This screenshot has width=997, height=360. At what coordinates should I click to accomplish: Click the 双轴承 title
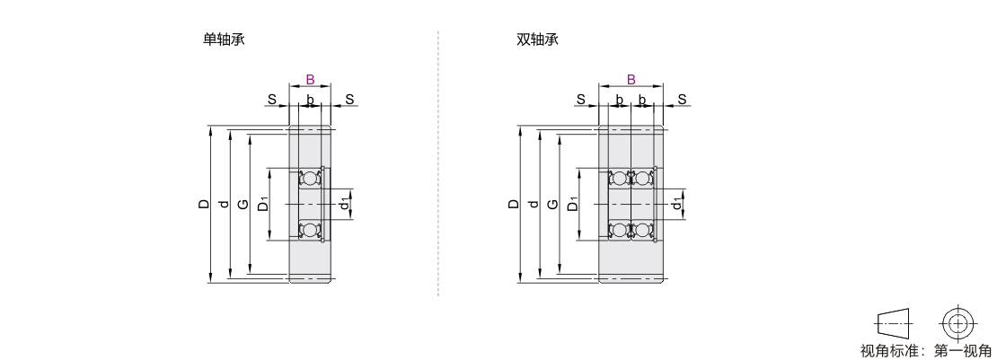pos(532,40)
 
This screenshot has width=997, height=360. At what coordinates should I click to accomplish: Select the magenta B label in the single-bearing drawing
pos(310,80)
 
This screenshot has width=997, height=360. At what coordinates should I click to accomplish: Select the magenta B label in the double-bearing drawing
pos(631,80)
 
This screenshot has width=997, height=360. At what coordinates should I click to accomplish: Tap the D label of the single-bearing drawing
pos(205,205)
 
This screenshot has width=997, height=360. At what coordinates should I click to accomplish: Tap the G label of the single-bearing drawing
pos(243,205)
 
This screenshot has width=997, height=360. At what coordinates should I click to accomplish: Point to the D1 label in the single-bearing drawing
pos(263,205)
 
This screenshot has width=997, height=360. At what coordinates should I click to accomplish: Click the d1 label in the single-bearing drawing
pos(344,205)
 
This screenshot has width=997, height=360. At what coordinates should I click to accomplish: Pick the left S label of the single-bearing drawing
pos(270,99)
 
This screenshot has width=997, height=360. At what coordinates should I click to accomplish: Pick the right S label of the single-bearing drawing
pos(349,99)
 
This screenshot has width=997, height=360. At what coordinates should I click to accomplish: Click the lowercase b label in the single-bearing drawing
pos(310,99)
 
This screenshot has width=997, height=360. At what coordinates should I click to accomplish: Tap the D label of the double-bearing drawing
pos(514,205)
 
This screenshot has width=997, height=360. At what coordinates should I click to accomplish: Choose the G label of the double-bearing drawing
pos(552,205)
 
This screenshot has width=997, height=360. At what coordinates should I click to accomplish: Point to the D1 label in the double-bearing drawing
pos(572,205)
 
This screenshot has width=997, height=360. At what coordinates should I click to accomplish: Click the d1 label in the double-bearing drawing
pos(675,205)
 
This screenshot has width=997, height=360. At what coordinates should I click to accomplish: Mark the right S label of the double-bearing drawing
pos(683,99)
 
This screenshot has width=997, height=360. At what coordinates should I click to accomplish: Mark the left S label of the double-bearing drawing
pos(580,99)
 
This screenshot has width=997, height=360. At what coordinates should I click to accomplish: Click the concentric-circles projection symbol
pos(959,323)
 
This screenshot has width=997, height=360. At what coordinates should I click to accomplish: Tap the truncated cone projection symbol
pos(893,323)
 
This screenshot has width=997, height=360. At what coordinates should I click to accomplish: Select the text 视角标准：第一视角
pos(925,349)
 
